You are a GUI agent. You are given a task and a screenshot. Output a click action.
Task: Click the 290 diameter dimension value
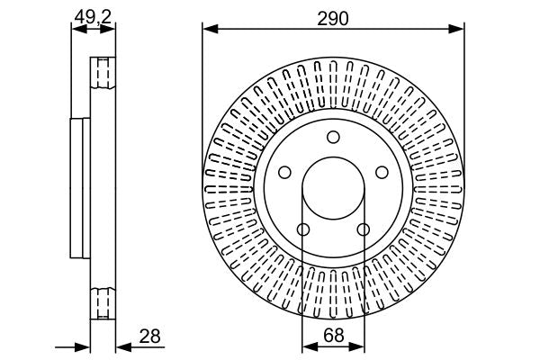[x=333, y=16]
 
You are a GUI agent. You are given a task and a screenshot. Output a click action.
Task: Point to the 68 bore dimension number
[x=333, y=335]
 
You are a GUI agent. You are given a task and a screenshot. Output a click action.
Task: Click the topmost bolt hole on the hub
[x=333, y=137]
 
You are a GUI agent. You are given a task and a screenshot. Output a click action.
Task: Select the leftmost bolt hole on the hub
[x=283, y=173]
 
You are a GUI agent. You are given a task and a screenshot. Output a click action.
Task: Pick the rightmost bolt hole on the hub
[x=382, y=173]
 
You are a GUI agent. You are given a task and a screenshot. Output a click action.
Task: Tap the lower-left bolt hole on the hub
[x=302, y=230]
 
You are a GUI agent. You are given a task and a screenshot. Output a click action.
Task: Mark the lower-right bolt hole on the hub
[x=364, y=230]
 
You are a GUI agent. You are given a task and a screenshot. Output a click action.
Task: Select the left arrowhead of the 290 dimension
[x=209, y=29]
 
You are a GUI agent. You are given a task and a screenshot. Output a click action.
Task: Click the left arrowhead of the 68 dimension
[x=306, y=346]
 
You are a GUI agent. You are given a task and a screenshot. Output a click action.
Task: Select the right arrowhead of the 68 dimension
[x=360, y=346]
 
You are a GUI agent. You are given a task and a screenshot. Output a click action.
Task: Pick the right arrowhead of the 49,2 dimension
[x=112, y=28]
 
